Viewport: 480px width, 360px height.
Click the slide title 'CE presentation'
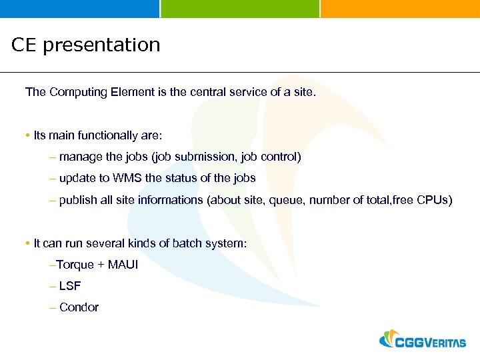pyautogui.click(x=86, y=45)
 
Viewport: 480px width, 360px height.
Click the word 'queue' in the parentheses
pyautogui.click(x=283, y=200)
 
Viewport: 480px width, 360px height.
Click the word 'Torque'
pyautogui.click(x=75, y=265)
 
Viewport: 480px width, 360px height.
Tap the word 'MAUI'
pyautogui.click(x=123, y=265)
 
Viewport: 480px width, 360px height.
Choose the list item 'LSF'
pyautogui.click(x=70, y=286)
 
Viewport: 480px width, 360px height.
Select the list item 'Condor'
pyautogui.click(x=79, y=307)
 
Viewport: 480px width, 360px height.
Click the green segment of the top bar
pyautogui.click(x=240, y=8)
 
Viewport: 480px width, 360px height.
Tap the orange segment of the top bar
pyautogui.click(x=400, y=8)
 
